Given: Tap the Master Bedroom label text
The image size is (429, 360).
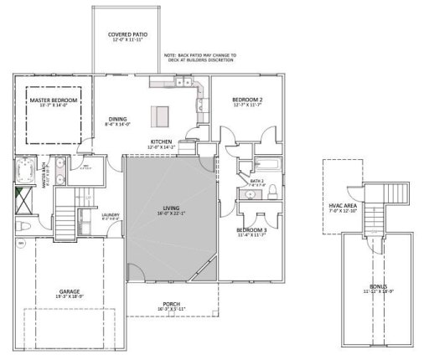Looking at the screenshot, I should pos(53,101).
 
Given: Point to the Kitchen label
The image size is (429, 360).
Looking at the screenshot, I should pos(161,142).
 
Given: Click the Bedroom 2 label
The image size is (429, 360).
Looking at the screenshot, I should pos(248,101).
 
